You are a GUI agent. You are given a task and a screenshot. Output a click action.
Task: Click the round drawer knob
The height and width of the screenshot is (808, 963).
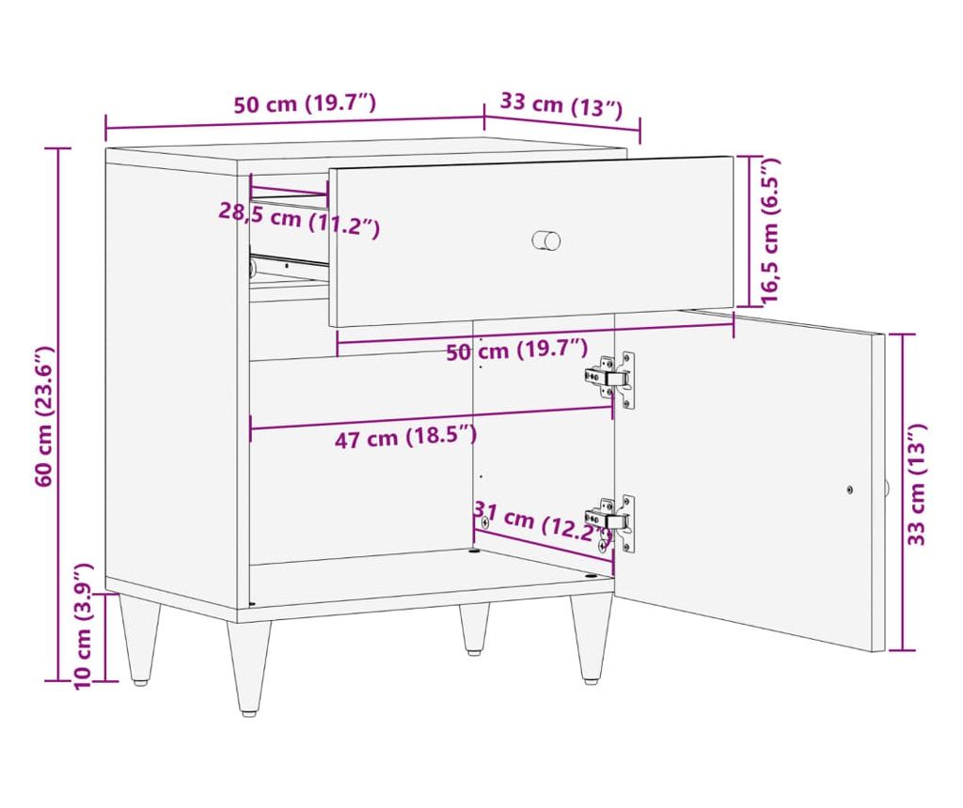pyautogui.click(x=546, y=240)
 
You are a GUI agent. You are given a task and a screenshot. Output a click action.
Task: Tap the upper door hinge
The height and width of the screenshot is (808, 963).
pyautogui.click(x=609, y=378)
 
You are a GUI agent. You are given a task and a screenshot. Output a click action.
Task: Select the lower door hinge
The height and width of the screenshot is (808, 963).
pyautogui.click(x=609, y=522)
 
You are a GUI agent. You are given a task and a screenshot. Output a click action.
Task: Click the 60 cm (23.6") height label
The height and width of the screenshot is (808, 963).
pyautogui.click(x=45, y=416)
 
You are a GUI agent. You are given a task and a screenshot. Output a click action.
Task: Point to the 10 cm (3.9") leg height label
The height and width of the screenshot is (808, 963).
pyautogui.click(x=83, y=627)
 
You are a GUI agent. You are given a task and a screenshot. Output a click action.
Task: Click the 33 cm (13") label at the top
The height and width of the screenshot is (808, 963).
pyautogui.click(x=561, y=105)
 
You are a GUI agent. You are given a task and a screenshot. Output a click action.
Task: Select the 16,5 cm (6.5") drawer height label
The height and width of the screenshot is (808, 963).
pyautogui.click(x=769, y=230)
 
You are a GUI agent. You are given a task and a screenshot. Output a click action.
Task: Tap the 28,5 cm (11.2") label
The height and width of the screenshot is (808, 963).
pyautogui.click(x=299, y=219)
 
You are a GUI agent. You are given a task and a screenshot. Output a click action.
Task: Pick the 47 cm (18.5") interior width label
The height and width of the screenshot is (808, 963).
pyautogui.click(x=406, y=437)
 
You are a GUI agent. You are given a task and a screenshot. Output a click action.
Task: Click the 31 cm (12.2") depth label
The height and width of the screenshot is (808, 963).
pyautogui.click(x=541, y=522)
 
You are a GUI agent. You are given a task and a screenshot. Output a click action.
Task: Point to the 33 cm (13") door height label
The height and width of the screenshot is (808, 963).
pyautogui.click(x=916, y=484)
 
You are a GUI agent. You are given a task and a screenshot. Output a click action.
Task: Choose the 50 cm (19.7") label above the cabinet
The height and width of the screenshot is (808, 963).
pyautogui.click(x=305, y=103)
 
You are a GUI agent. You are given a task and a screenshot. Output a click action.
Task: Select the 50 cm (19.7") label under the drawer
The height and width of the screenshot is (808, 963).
pyautogui.click(x=517, y=350)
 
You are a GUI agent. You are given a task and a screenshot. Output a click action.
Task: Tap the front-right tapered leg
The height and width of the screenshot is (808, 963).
pyautogui.click(x=592, y=639)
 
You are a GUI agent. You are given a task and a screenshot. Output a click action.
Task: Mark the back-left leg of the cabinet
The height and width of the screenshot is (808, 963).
pyautogui.click(x=141, y=639)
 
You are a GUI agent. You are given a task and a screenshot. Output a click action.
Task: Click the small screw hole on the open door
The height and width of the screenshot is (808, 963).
pyautogui.click(x=849, y=489)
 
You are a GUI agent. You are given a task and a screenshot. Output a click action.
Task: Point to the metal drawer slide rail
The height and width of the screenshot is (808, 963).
pyautogui.click(x=289, y=263)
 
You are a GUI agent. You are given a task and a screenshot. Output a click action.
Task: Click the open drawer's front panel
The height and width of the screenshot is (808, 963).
pyautogui.click(x=531, y=241)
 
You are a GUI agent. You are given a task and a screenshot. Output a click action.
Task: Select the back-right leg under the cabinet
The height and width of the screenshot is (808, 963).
pyautogui.click(x=474, y=629)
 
